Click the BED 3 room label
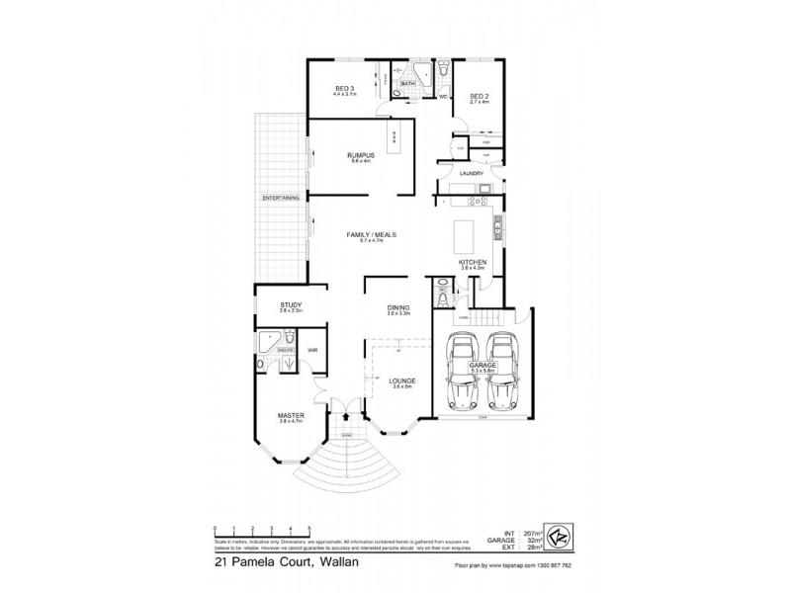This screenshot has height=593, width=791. coord(345,88)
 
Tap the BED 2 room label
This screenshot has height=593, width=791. coord(479,96)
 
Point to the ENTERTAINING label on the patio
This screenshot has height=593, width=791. coord(280,198)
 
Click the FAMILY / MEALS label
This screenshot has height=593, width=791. coord(371,234)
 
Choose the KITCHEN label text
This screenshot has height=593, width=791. coord(474,262)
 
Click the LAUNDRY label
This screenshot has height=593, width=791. coord(471,173)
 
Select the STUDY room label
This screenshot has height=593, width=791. coord(290,305)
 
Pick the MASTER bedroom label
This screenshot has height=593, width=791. coord(290,416)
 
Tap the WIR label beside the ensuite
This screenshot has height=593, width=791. coord(312,350)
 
